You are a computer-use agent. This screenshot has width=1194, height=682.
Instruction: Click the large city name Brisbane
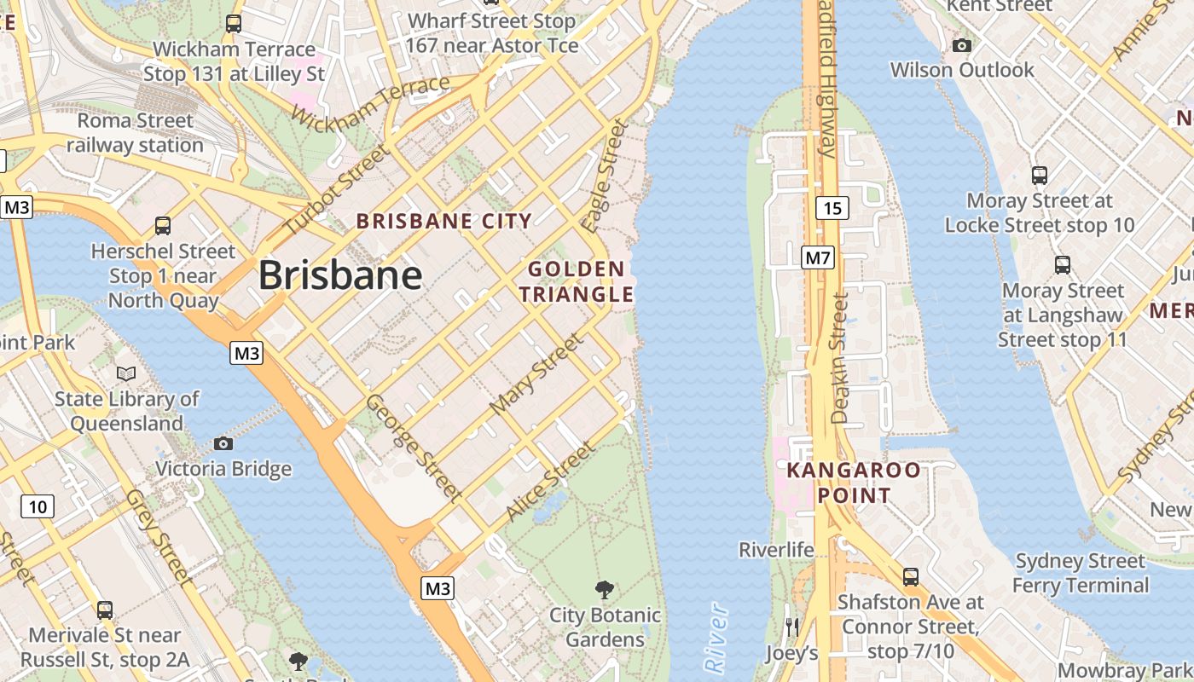(339, 275)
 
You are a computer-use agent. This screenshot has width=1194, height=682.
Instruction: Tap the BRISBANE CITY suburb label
(443, 222)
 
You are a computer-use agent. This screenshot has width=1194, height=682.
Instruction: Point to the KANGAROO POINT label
(853, 483)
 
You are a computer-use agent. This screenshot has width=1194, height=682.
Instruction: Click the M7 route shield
(817, 257)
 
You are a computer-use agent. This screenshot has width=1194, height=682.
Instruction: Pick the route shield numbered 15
(832, 208)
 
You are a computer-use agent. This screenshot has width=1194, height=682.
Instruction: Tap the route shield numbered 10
(38, 507)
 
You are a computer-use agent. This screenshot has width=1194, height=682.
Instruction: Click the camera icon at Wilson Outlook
(962, 45)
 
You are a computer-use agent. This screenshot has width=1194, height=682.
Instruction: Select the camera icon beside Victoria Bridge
(223, 443)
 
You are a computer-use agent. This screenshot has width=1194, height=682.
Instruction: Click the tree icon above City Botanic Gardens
(605, 589)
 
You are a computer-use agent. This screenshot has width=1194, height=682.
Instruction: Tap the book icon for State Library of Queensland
(126, 374)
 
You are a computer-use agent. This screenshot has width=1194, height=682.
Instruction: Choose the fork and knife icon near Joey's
(792, 627)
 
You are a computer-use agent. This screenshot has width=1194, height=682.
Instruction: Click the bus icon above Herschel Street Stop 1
(163, 226)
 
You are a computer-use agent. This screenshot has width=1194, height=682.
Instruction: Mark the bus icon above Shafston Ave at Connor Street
(910, 577)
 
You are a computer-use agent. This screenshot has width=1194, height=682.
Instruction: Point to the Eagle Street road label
(605, 176)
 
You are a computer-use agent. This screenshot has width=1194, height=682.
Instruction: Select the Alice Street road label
(550, 481)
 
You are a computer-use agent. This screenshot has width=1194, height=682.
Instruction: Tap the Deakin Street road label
(839, 359)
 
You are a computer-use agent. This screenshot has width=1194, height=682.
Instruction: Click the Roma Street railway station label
(135, 133)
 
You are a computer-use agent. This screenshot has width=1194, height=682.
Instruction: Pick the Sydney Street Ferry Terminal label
(1080, 573)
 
